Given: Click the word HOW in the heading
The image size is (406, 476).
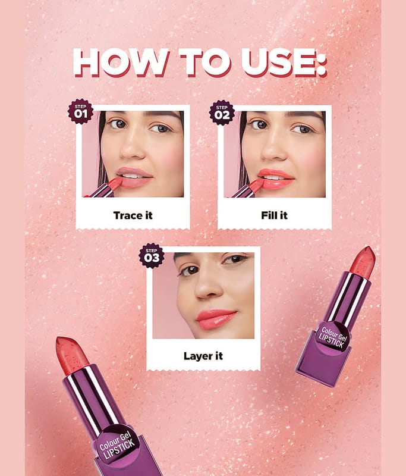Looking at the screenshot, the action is click(121, 62).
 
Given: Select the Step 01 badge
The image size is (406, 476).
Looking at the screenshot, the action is click(80, 111).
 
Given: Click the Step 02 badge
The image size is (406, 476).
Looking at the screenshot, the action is click(222, 112).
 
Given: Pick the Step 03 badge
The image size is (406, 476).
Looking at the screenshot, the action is click(152, 256).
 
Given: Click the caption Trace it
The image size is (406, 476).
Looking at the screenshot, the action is click(133, 215).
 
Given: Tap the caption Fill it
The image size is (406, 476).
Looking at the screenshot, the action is click(274, 215).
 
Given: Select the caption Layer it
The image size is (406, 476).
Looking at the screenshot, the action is click(203, 356).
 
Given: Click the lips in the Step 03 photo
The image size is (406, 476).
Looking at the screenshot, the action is click(216, 319).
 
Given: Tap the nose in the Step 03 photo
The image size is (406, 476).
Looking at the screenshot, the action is click(207, 289).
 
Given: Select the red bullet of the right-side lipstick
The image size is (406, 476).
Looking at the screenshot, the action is click(363, 262).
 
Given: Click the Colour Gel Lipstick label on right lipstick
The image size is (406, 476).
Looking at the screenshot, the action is click(333, 337).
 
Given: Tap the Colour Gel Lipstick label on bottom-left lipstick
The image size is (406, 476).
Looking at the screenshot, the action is click(117, 443).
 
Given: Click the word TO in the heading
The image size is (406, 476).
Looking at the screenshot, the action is click(205, 62).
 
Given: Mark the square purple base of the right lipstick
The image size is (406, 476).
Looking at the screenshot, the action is click(323, 361).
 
